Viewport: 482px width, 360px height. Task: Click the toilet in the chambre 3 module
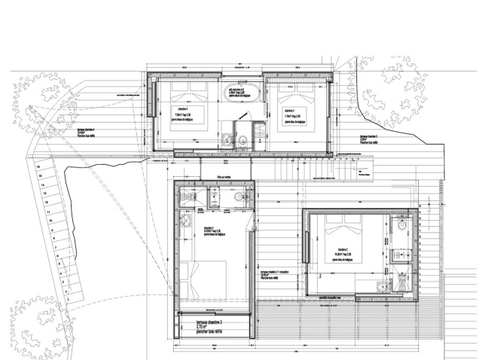239,197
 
